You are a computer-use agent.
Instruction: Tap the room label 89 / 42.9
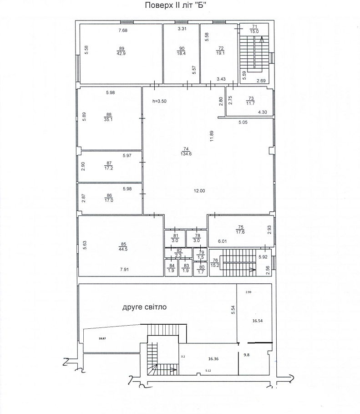[x=121, y=51]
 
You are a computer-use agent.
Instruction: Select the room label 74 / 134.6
[x=186, y=151]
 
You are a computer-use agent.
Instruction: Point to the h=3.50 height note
[x=160, y=101]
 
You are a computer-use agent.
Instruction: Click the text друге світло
[x=144, y=307]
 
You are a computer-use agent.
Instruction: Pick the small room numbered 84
[x=171, y=268]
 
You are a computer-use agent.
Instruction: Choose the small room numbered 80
[x=201, y=269]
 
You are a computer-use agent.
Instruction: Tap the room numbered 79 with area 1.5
[x=201, y=255]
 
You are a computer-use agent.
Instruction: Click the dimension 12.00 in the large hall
[x=199, y=191]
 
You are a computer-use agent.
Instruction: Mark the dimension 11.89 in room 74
[x=212, y=136]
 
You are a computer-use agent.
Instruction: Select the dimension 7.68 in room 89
[x=123, y=31]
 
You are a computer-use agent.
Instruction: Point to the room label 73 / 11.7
[x=250, y=101]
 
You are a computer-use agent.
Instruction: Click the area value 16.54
[x=257, y=321]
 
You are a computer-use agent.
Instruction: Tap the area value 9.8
[x=247, y=355]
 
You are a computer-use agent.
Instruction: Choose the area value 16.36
[x=213, y=359]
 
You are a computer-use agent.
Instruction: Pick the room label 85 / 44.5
[x=123, y=246]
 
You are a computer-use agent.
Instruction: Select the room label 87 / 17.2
[x=109, y=165]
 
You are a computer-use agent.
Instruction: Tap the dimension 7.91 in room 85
[x=124, y=270]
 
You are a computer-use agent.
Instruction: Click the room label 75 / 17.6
[x=240, y=230]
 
